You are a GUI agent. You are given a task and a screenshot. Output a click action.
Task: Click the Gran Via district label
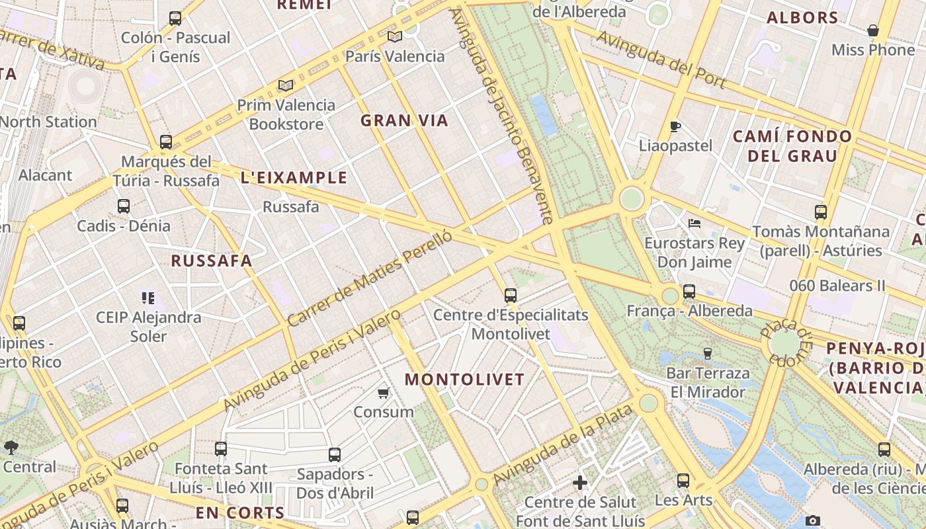(x=404, y=120)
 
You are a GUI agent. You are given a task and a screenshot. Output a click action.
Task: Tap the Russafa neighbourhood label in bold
(x=212, y=261)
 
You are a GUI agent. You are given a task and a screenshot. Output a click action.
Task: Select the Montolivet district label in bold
(x=464, y=380)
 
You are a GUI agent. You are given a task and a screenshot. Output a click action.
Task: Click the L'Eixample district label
(x=294, y=177)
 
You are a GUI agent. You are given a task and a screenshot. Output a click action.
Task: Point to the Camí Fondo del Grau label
(x=792, y=146)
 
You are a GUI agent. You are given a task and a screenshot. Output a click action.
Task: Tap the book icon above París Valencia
(x=395, y=36)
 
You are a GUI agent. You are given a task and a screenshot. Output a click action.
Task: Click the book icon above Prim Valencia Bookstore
(x=286, y=85)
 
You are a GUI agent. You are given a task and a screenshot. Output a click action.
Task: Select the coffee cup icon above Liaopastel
(x=675, y=126)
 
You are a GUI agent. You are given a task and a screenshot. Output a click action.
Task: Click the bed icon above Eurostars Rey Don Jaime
(x=694, y=224)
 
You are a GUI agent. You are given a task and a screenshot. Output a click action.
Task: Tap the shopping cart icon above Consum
(x=383, y=393)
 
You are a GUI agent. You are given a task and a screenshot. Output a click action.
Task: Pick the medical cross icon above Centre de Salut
(x=580, y=483)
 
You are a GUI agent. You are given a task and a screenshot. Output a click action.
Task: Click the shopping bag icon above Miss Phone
(x=873, y=30)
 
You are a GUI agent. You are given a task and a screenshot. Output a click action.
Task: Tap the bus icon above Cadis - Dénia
(x=124, y=206)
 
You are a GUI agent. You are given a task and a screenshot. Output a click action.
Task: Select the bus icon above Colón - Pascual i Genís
(x=175, y=19)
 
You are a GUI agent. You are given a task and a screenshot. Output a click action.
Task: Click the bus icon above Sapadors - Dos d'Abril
(x=335, y=455)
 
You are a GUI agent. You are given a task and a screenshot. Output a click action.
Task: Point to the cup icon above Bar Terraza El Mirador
(x=708, y=353)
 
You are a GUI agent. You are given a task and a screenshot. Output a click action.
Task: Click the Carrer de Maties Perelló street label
(x=370, y=278)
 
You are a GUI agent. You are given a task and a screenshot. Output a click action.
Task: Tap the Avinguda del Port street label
(x=661, y=60)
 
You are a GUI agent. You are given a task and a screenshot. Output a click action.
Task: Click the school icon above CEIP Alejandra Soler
(x=148, y=298)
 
